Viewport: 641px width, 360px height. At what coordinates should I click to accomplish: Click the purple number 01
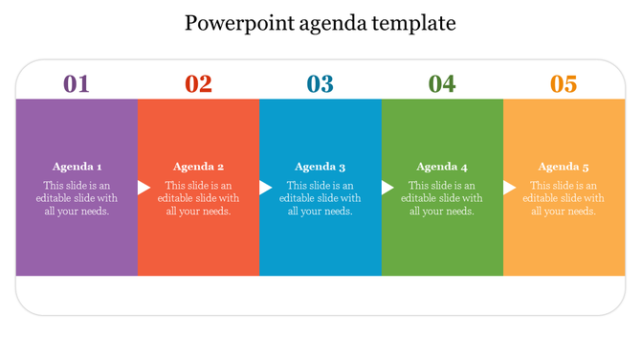click(x=77, y=84)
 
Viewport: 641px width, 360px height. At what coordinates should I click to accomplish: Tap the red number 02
click(x=198, y=84)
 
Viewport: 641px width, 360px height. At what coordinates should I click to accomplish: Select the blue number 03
click(x=320, y=84)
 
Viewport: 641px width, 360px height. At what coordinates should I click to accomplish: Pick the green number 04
click(x=442, y=84)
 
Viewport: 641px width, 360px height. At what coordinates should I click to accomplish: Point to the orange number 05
click(x=564, y=84)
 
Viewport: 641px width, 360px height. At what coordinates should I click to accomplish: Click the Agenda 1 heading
click(x=77, y=166)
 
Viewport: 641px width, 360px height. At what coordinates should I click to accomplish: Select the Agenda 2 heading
click(x=199, y=166)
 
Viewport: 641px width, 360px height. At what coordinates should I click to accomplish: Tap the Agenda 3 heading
click(x=320, y=166)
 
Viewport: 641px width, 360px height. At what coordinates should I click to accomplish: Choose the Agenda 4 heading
click(x=442, y=166)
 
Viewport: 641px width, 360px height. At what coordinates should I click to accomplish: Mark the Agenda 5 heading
click(x=564, y=166)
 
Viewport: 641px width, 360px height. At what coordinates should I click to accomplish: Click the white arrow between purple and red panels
click(x=144, y=188)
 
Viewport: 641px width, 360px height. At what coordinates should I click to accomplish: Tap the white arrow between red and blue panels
click(x=265, y=188)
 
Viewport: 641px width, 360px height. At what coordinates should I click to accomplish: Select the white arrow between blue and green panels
click(x=387, y=188)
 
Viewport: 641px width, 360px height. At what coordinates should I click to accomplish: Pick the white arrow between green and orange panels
click(x=509, y=188)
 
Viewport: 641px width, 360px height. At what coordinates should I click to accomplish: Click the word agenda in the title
click(x=332, y=22)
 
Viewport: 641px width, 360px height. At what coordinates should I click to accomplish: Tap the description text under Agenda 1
click(x=77, y=198)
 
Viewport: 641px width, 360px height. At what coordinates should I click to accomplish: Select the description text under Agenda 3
click(x=320, y=198)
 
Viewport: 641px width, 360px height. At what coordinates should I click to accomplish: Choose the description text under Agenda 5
click(x=564, y=198)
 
